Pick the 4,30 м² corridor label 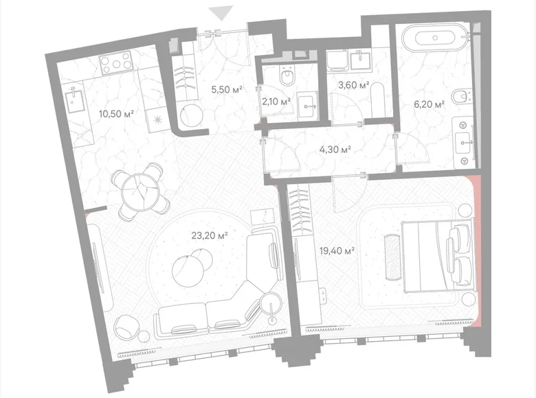[x=337, y=148]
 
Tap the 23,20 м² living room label [x=210, y=235]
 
